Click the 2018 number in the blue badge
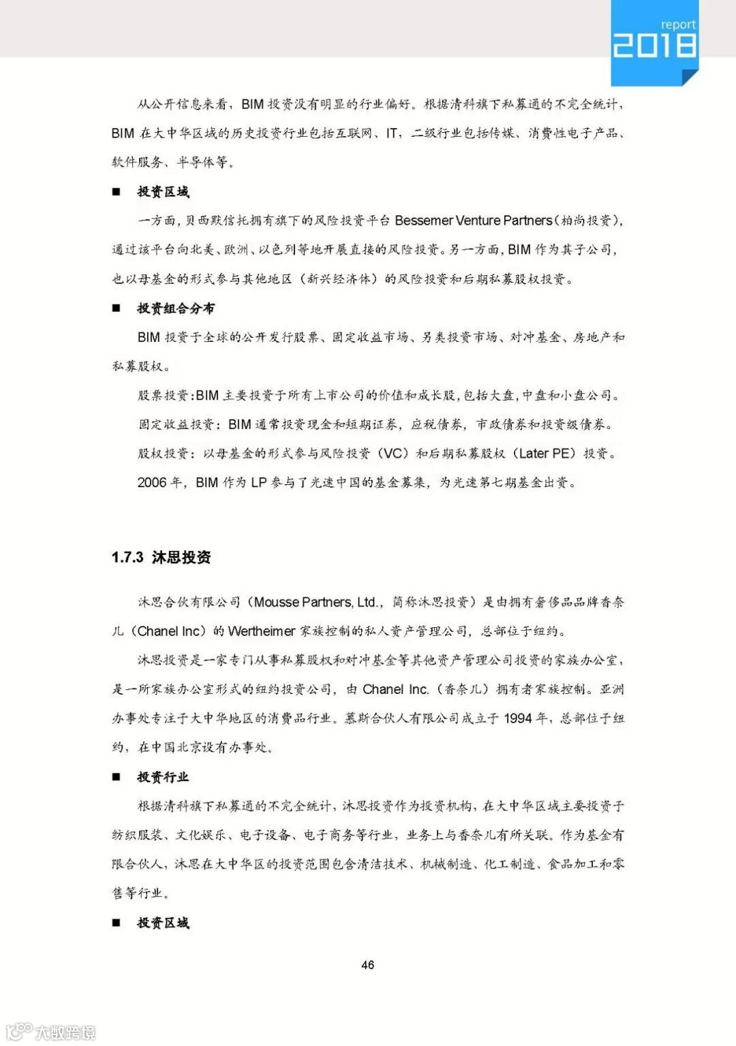(x=654, y=46)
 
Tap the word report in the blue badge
(x=677, y=25)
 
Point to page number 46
(x=367, y=964)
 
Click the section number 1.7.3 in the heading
(x=127, y=557)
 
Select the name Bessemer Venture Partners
(x=473, y=221)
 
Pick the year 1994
(x=517, y=718)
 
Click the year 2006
(x=152, y=483)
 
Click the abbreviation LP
(x=258, y=483)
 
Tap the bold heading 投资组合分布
(x=176, y=308)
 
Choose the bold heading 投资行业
(x=163, y=777)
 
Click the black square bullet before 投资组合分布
(x=117, y=308)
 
